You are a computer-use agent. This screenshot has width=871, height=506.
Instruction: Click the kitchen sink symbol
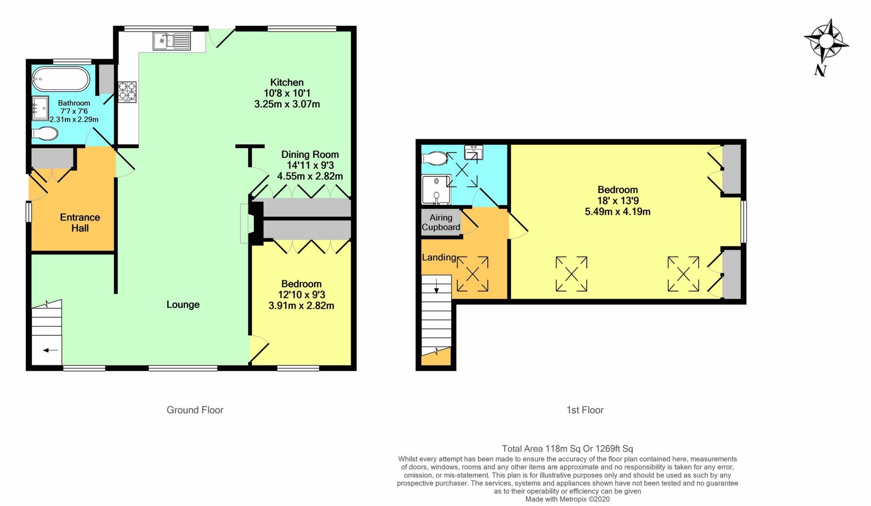(172, 41)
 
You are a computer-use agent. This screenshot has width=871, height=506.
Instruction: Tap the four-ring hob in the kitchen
(127, 92)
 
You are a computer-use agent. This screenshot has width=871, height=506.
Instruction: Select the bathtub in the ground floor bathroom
(61, 79)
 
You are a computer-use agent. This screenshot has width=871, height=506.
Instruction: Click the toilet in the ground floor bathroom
(45, 134)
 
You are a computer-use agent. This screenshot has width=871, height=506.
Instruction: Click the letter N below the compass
(820, 70)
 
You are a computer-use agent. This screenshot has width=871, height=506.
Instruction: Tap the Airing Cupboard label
(441, 222)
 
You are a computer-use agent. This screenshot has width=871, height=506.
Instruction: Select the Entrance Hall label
(80, 223)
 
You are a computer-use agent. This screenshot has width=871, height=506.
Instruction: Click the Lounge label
(183, 304)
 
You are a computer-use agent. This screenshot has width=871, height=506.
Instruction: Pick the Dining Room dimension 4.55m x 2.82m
(310, 176)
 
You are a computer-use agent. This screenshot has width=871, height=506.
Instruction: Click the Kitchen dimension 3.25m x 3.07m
(287, 104)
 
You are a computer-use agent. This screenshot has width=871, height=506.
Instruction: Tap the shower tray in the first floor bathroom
(436, 189)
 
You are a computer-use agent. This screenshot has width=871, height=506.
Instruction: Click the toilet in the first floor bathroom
(434, 158)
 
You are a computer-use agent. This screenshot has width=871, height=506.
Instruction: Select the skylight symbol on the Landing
(472, 274)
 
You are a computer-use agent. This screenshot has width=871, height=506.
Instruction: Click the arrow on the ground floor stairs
(50, 350)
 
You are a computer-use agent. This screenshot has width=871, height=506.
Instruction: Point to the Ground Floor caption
(195, 410)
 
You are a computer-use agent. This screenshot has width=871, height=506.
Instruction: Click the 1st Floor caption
(585, 410)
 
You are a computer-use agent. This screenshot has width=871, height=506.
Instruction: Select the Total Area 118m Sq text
(567, 449)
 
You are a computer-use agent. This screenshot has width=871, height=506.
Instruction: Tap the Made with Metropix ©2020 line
(567, 499)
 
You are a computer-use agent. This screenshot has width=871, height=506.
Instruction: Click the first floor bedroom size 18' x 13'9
(618, 201)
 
